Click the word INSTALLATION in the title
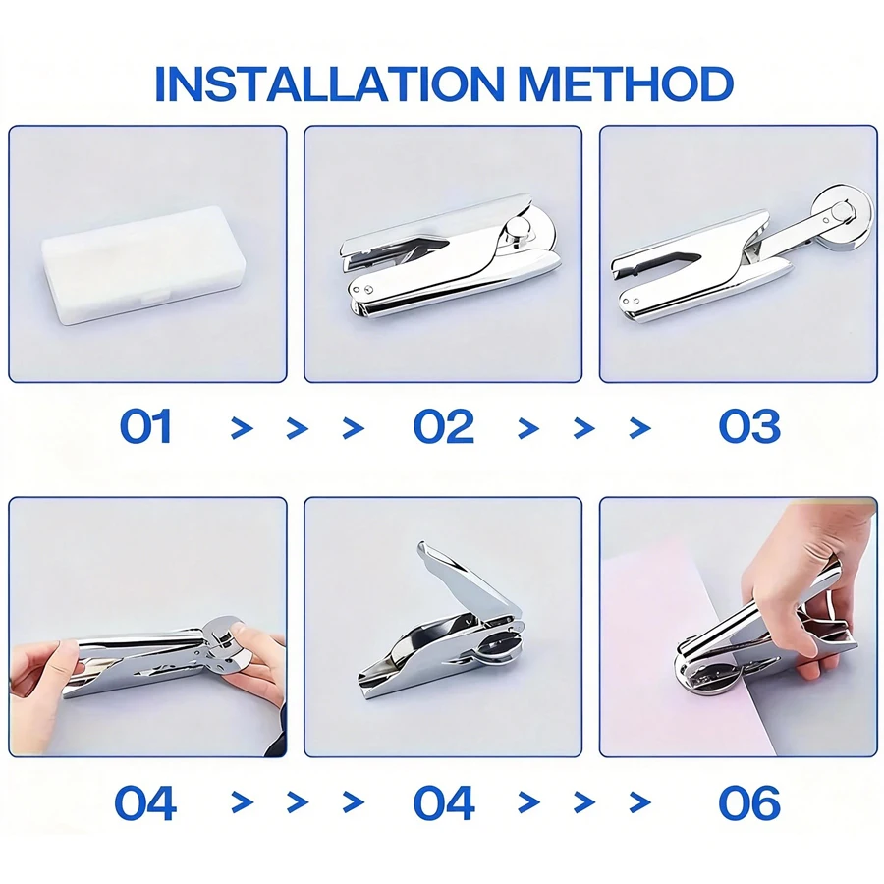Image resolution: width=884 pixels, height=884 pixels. click(329, 84)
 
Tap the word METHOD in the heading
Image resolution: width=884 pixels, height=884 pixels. click(626, 84)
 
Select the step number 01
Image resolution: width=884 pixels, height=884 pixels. click(145, 427)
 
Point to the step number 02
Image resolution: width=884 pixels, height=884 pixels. click(444, 427)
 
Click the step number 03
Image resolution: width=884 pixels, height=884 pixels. click(749, 427)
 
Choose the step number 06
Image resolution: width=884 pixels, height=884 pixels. click(749, 802)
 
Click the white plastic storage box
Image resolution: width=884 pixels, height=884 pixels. click(140, 265)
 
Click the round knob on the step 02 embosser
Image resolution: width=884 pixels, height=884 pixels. click(514, 230)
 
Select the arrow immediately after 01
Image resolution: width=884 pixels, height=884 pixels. click(242, 428)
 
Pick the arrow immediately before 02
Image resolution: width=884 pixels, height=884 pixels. click(353, 428)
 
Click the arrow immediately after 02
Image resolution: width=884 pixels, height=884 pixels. click(528, 428)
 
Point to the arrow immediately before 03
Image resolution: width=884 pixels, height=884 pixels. click(639, 428)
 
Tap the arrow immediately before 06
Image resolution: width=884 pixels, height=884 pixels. click(639, 802)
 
